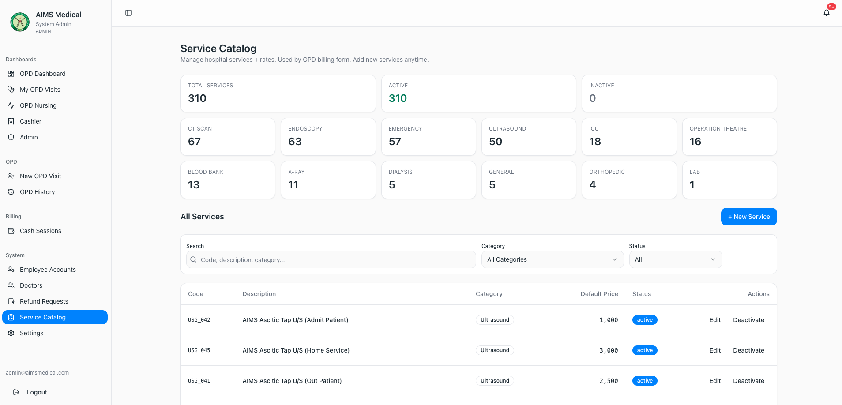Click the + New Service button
[x=749, y=217]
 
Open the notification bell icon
[x=827, y=13]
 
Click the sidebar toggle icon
[x=128, y=13]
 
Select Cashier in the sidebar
[x=30, y=121]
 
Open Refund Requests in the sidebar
[x=44, y=301]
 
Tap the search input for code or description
[x=331, y=259]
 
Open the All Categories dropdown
[x=553, y=259]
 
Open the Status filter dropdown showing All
[x=676, y=259]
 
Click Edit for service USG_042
[x=715, y=320]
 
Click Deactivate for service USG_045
[x=748, y=350]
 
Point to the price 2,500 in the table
[x=609, y=381]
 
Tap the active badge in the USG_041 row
[x=645, y=381]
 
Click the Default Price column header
[x=599, y=294]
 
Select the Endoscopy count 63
[x=295, y=142]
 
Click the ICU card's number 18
[x=595, y=142]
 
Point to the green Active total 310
[x=398, y=98]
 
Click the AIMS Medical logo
[x=20, y=22]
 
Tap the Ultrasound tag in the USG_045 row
[x=495, y=350]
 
